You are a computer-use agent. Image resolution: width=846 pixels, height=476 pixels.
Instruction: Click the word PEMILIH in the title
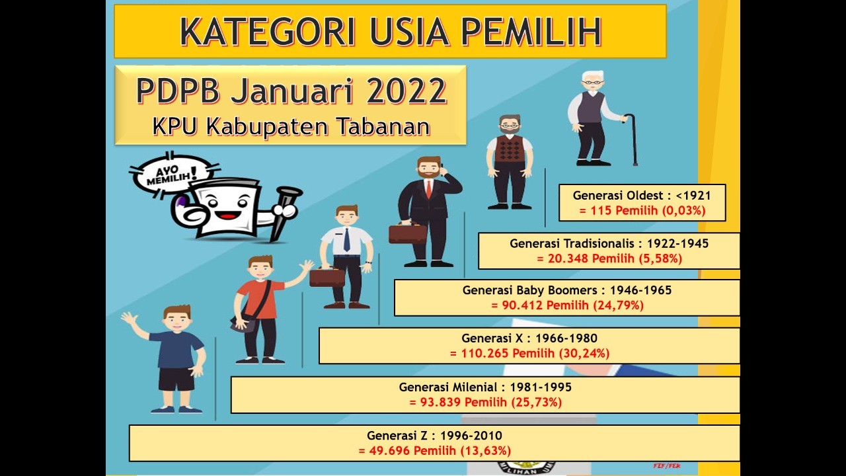[x=531, y=31]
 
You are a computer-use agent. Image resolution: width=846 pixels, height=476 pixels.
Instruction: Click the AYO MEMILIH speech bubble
[x=173, y=175]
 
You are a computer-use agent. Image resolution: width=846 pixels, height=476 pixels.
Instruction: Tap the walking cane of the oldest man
[x=633, y=139]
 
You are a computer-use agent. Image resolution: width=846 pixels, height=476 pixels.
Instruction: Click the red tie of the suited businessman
[x=429, y=189]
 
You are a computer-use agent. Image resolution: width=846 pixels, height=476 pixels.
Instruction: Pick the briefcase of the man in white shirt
[x=327, y=277]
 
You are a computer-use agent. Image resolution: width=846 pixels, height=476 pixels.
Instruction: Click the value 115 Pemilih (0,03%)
[x=642, y=210]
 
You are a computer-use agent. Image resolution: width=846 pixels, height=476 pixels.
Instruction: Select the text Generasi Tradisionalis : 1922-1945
[x=609, y=243]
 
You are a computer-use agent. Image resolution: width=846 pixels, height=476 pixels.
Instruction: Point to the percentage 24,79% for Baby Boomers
[x=618, y=305]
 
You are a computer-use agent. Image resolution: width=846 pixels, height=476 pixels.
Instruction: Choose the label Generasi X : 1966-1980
[x=529, y=338]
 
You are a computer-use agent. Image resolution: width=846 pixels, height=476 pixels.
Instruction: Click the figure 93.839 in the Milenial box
[x=440, y=403]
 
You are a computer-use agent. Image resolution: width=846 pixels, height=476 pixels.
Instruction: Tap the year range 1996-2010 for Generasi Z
[x=471, y=436]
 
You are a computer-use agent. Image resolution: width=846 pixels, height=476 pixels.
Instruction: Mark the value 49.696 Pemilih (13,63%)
[x=434, y=451]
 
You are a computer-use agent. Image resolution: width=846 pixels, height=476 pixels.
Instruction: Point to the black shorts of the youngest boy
[x=176, y=379]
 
